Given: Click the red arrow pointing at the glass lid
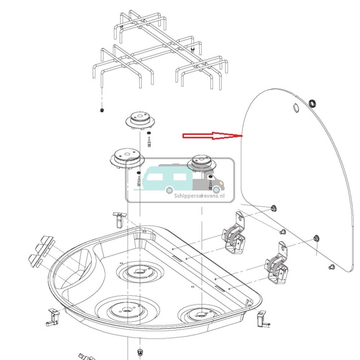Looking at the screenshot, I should click(212, 136).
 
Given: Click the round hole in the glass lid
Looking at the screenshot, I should click(296, 107).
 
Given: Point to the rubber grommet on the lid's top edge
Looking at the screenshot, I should click(313, 104).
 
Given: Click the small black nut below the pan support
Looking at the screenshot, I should click(102, 110).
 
